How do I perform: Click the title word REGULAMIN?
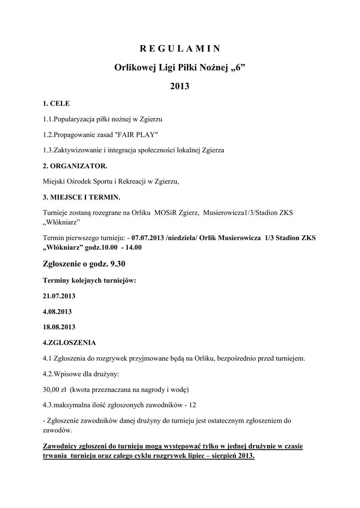point(180,49)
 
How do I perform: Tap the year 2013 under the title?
point(180,86)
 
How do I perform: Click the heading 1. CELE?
point(57,104)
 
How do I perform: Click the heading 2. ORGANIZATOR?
point(75,166)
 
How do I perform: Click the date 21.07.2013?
point(59,296)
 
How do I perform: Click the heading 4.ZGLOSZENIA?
point(70,342)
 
